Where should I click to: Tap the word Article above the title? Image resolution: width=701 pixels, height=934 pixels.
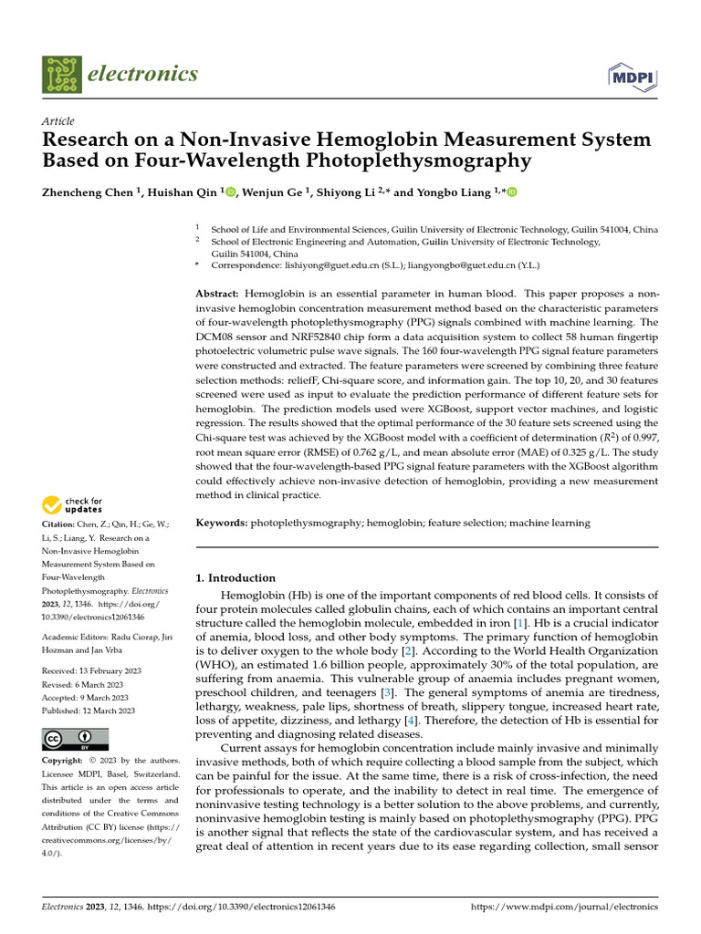(58, 121)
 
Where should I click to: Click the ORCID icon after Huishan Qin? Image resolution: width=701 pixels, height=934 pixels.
(230, 192)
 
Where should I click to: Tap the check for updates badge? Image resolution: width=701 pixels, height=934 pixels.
(73, 505)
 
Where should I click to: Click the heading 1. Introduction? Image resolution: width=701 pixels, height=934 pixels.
(236, 577)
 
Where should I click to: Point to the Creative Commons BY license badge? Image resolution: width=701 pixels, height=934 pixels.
(76, 739)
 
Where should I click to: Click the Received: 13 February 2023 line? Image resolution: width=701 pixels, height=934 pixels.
(89, 670)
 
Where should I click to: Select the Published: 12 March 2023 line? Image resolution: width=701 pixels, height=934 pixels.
(89, 711)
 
